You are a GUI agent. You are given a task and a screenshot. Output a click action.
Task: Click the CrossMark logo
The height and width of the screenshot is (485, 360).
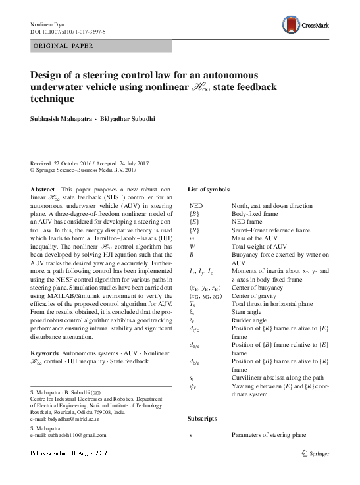(318, 25)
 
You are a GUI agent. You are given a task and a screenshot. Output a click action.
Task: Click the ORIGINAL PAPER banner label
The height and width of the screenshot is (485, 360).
(63, 46)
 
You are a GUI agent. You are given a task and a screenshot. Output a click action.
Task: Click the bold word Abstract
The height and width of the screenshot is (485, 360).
(43, 189)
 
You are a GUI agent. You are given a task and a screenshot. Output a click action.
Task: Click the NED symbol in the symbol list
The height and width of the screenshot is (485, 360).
(197, 207)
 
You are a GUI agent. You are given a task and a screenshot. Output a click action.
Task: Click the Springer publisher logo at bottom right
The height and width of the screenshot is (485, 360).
(315, 453)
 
